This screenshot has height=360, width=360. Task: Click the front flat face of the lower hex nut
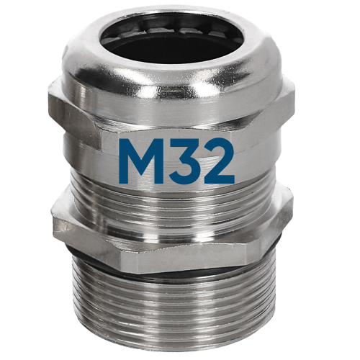[x=180, y=238]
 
